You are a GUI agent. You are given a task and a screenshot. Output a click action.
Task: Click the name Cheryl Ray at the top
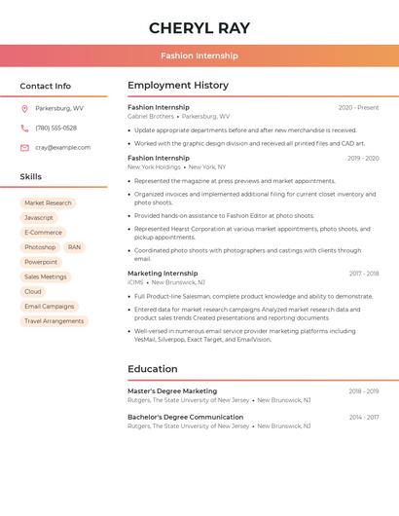click(199, 28)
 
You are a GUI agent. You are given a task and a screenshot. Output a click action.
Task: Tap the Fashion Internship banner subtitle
click(199, 55)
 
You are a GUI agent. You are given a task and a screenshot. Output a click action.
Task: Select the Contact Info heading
click(45, 86)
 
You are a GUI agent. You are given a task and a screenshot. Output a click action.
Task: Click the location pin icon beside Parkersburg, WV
click(24, 109)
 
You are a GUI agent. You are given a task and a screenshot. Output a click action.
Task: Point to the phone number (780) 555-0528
click(55, 128)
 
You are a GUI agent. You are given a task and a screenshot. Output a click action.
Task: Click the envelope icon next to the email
click(24, 148)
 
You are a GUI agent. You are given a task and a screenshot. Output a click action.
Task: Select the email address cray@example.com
click(62, 148)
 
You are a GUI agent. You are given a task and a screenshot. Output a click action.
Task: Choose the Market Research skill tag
click(48, 203)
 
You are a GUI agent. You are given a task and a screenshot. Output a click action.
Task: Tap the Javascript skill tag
click(39, 218)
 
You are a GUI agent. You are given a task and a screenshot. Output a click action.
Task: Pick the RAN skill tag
click(75, 247)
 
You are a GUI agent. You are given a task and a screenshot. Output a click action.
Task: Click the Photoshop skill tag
click(40, 247)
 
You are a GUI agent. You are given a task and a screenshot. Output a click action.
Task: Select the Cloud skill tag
click(33, 291)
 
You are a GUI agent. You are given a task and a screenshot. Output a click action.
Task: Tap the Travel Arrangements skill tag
click(54, 320)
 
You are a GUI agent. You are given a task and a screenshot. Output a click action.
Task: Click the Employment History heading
click(178, 86)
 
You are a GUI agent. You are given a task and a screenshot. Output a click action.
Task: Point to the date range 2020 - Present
click(358, 108)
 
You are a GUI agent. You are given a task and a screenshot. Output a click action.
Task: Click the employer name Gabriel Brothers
click(151, 117)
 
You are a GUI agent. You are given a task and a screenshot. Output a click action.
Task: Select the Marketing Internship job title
click(163, 274)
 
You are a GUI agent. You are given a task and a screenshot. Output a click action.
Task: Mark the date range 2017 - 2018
click(364, 274)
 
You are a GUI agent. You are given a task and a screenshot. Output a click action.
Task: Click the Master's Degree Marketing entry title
click(172, 391)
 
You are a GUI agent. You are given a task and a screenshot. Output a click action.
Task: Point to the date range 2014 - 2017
click(364, 418)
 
